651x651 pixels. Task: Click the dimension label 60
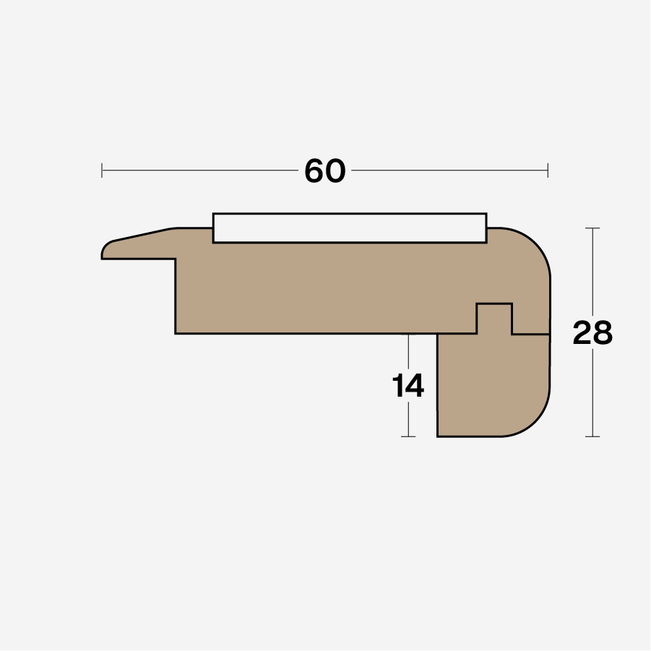coord(325,171)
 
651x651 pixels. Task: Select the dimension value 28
coord(592,333)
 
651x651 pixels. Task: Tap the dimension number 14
coord(408,386)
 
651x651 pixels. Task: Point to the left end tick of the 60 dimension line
coord(102,171)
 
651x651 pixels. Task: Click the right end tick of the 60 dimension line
coord(548,171)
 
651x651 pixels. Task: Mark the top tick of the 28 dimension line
coord(592,228)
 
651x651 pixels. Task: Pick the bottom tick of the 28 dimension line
coord(592,436)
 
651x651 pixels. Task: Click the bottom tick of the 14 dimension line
coord(408,436)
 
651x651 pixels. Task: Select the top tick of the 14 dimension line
coord(408,335)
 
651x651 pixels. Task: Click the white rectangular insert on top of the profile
coord(350,228)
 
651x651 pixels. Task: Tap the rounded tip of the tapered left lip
coord(104,250)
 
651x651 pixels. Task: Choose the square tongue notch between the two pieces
coord(494,319)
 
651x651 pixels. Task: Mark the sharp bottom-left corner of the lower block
coord(438,436)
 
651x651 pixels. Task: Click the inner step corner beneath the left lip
coord(176,259)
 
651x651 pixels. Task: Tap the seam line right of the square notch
coord(531,334)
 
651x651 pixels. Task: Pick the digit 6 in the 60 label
coord(314,171)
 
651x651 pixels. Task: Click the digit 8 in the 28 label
coord(603,333)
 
